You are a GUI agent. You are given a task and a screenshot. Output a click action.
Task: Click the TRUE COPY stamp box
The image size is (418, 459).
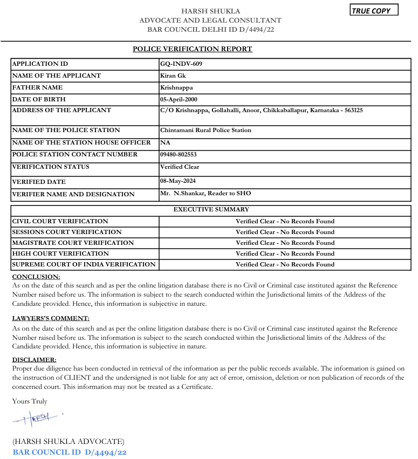(x=374, y=10)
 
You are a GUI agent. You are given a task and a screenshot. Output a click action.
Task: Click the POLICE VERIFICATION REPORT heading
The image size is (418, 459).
(x=193, y=49)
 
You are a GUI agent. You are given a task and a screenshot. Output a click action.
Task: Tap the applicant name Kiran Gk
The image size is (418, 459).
(x=173, y=76)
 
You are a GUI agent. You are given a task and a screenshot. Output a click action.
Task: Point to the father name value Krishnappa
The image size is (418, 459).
(x=176, y=87)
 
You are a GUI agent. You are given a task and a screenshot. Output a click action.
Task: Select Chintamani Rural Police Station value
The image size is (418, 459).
(x=205, y=130)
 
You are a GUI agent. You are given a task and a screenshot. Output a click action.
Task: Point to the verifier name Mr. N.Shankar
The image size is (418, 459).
(x=188, y=193)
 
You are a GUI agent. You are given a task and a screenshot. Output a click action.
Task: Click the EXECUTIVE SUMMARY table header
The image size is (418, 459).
(x=211, y=209)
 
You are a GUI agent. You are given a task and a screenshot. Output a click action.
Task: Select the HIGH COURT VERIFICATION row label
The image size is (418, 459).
(x=60, y=254)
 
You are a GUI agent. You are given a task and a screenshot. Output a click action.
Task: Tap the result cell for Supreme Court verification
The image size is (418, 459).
(x=285, y=264)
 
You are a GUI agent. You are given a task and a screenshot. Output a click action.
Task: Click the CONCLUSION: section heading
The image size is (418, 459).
(x=36, y=277)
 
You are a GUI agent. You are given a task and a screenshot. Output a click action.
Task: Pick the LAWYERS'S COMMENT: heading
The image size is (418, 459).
(x=51, y=319)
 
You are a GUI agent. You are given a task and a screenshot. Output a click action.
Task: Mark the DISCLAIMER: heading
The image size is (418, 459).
(x=34, y=359)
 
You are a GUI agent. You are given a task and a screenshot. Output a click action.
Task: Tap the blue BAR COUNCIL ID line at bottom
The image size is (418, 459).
(x=70, y=452)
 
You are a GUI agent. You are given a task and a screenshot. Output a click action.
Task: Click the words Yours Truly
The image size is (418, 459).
(x=30, y=401)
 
